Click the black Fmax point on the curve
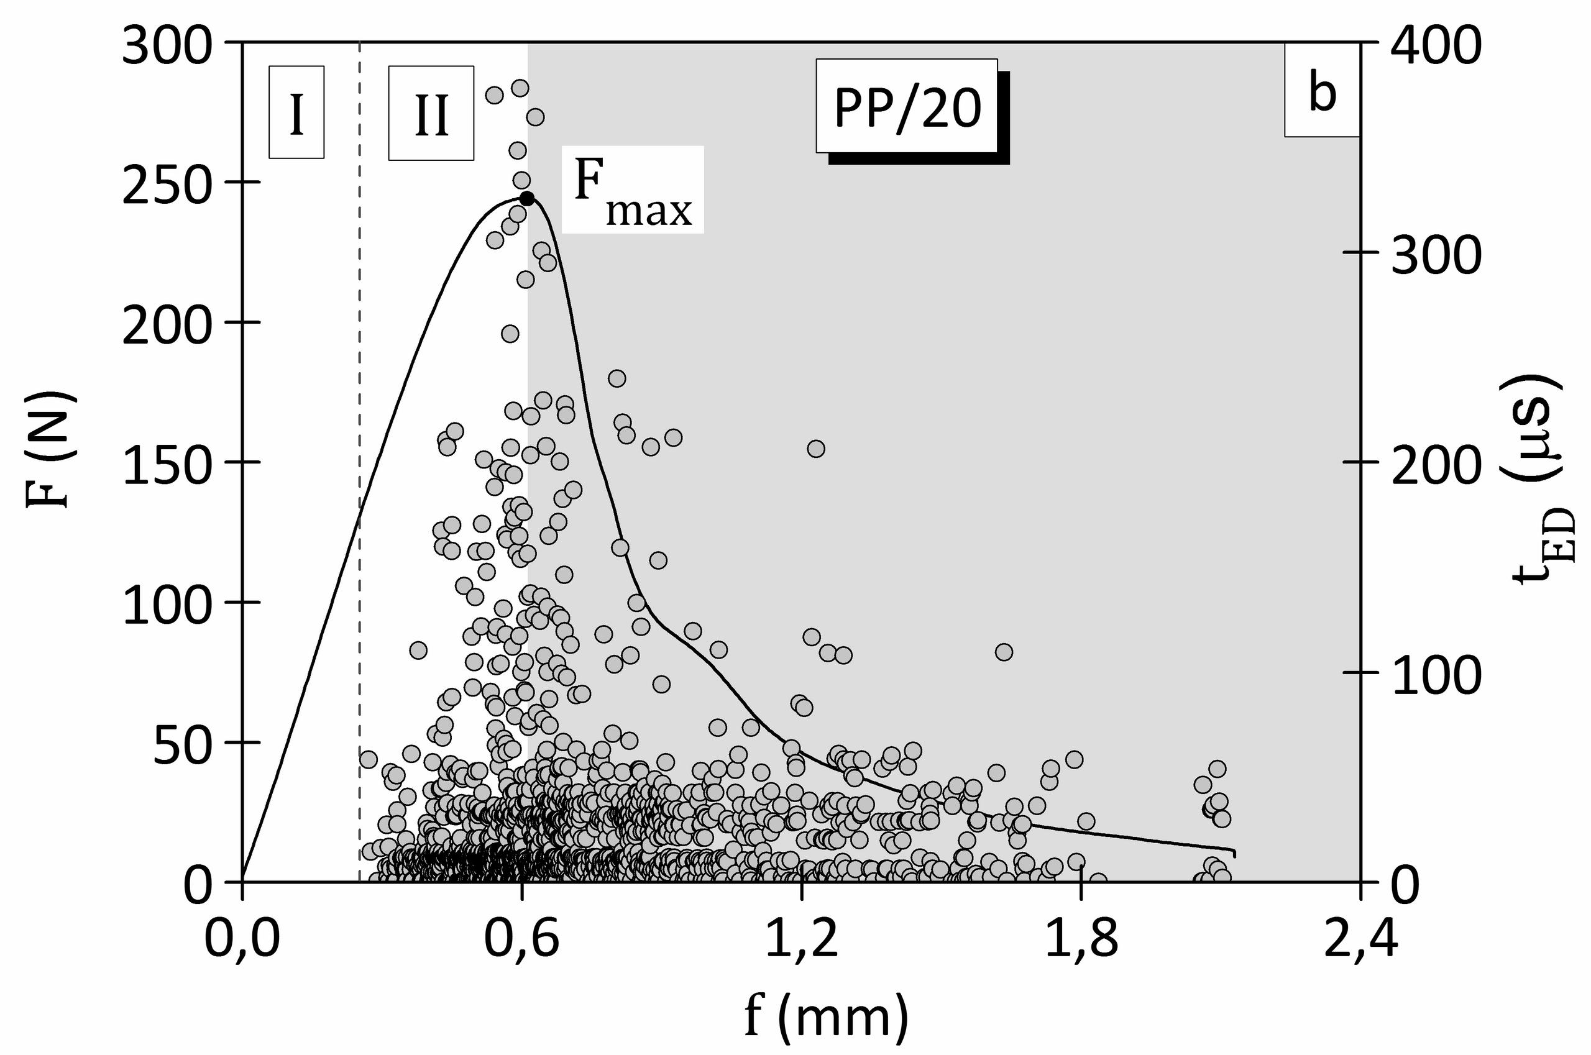click(527, 198)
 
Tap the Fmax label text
click(632, 190)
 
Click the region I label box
click(297, 112)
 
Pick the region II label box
click(431, 113)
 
